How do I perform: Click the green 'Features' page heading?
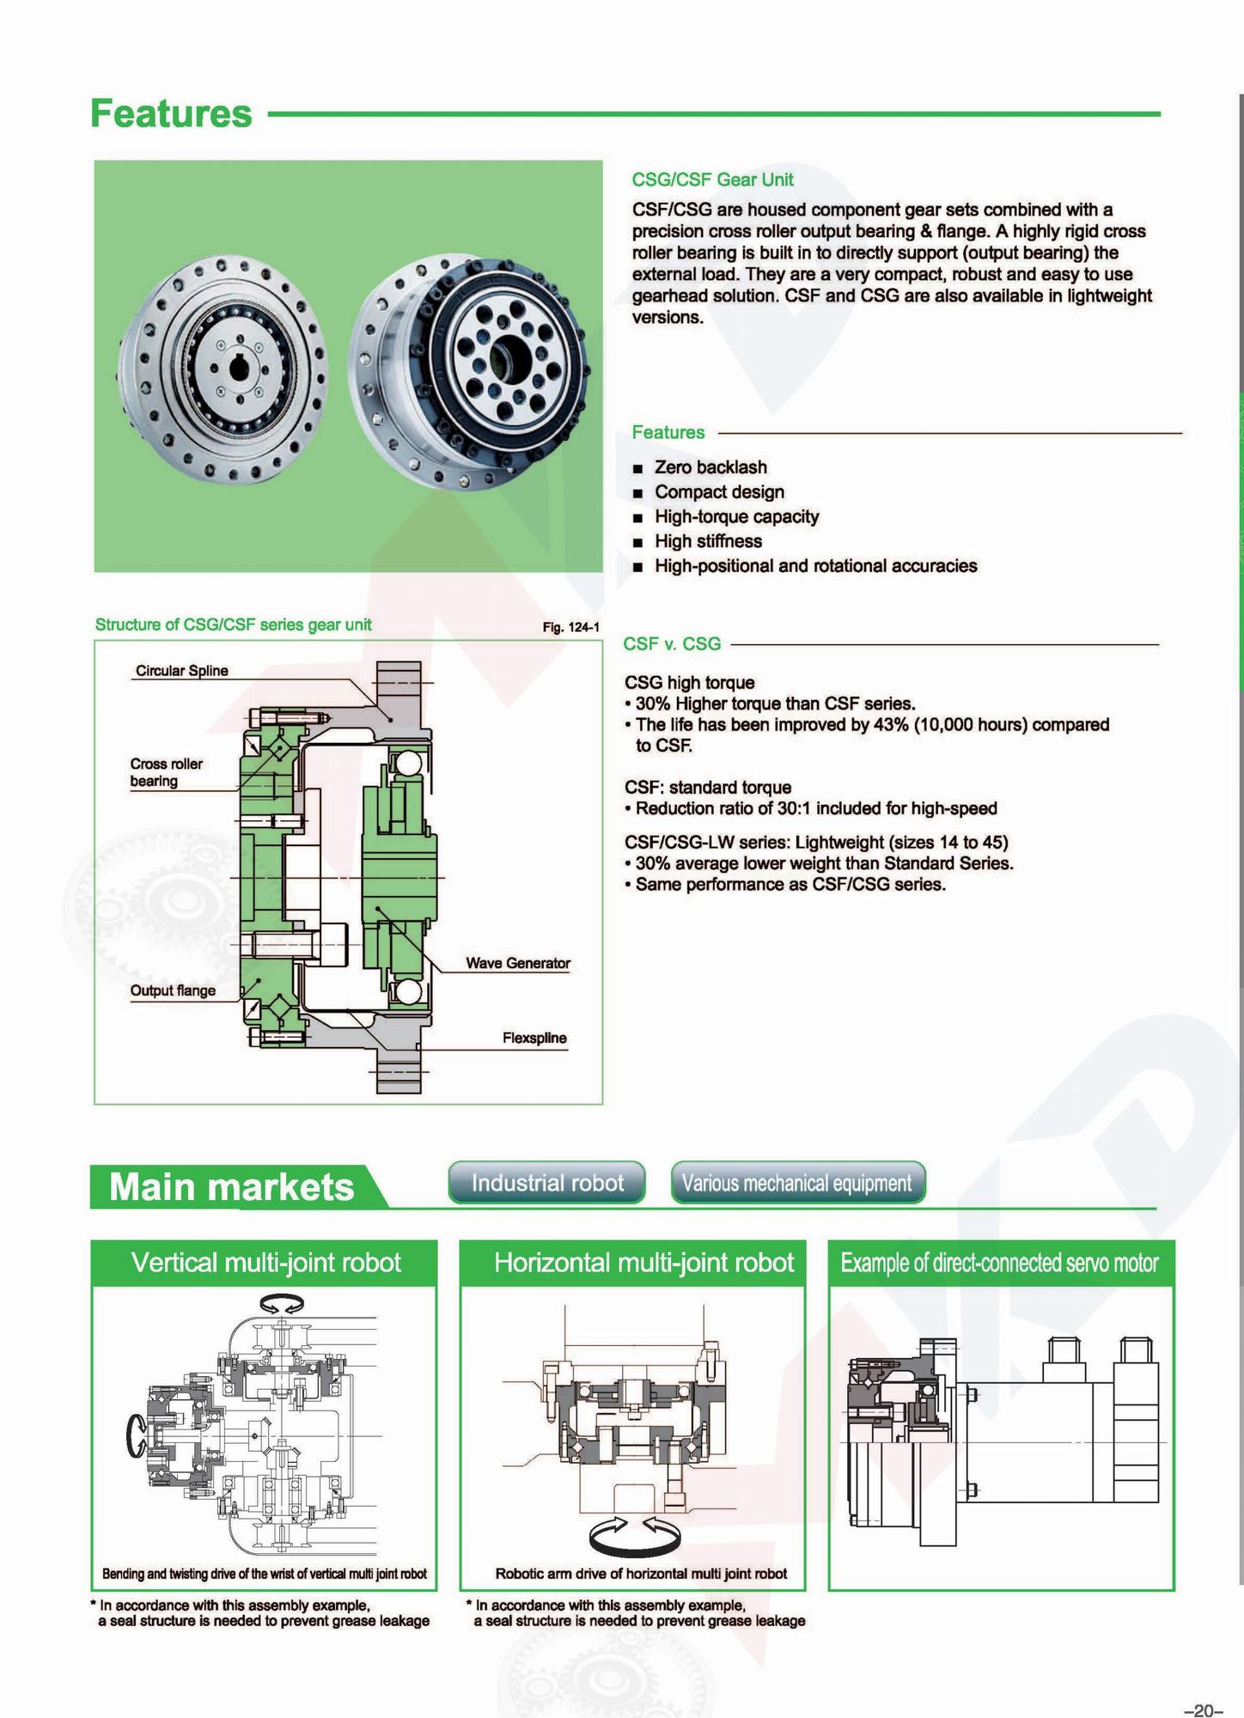click(171, 113)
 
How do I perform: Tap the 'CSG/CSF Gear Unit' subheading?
click(712, 180)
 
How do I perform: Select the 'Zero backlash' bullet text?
click(710, 467)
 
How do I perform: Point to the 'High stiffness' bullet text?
click(708, 541)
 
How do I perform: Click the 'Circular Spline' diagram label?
click(181, 671)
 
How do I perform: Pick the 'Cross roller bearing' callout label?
click(166, 772)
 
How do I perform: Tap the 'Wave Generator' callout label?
click(517, 963)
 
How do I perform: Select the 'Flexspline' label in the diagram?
click(534, 1038)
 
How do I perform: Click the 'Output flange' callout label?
click(173, 990)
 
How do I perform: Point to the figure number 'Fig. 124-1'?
click(570, 628)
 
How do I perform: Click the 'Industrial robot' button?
click(546, 1183)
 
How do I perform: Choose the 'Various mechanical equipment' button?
click(797, 1183)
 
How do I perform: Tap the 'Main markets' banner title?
click(231, 1187)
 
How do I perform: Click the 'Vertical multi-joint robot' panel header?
click(265, 1263)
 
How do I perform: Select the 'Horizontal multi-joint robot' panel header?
click(643, 1263)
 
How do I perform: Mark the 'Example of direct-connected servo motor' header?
click(999, 1263)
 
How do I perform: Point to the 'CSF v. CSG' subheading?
click(672, 644)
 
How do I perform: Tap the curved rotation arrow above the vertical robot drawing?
click(282, 1304)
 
